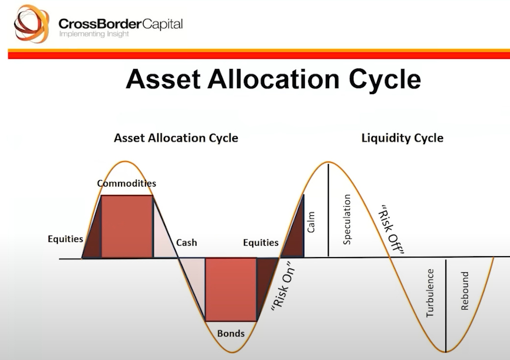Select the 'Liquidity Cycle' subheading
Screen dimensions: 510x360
(x=402, y=138)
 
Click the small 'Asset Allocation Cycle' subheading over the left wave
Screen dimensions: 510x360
(x=176, y=138)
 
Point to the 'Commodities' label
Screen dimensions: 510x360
(x=126, y=184)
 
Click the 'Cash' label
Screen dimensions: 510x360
(x=186, y=242)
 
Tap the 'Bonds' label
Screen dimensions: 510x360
(x=231, y=334)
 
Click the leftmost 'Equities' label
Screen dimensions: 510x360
(x=65, y=239)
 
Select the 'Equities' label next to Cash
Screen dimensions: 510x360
(x=261, y=242)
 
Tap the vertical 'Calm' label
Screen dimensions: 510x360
(x=311, y=222)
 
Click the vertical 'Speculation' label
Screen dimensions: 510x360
(x=347, y=219)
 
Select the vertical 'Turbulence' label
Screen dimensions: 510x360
(x=430, y=292)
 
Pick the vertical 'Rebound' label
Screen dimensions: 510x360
(x=465, y=290)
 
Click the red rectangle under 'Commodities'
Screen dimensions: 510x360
(x=127, y=226)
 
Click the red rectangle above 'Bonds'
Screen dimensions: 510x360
(x=231, y=289)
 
